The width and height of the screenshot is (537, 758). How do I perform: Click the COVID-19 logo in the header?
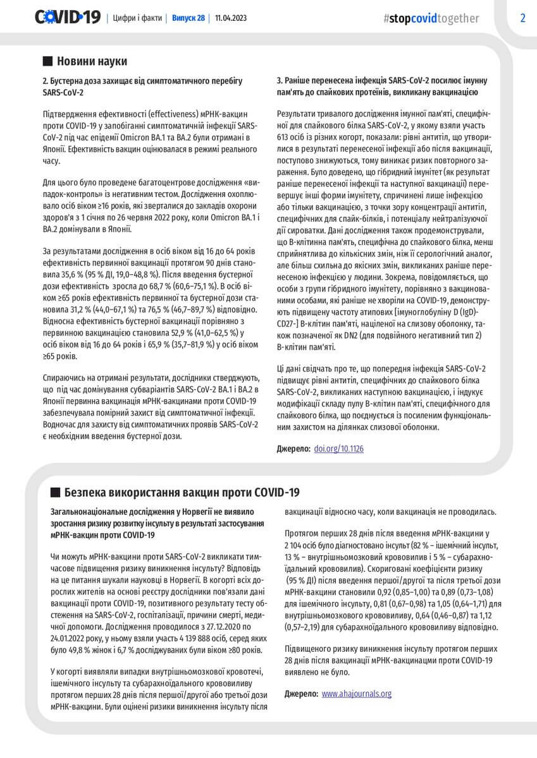pyautogui.click(x=68, y=18)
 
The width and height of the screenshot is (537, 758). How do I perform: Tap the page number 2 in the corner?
pyautogui.click(x=522, y=18)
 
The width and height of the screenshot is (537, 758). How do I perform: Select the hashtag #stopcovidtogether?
pyautogui.click(x=431, y=18)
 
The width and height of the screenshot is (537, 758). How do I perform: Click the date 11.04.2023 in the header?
pyautogui.click(x=231, y=18)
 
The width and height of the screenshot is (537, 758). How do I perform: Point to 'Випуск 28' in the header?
pyautogui.click(x=188, y=18)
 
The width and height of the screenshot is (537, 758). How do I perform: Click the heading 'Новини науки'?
pyautogui.click(x=92, y=61)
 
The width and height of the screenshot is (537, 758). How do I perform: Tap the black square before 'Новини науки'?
pyautogui.click(x=47, y=61)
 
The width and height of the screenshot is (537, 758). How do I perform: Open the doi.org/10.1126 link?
pyautogui.click(x=338, y=449)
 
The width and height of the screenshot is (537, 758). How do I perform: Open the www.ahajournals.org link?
pyautogui.click(x=356, y=694)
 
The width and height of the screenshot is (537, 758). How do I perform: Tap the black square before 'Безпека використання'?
pyautogui.click(x=54, y=492)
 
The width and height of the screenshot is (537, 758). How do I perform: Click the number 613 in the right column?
pyautogui.click(x=284, y=136)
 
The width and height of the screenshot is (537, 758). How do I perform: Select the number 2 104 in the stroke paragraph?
pyautogui.click(x=297, y=544)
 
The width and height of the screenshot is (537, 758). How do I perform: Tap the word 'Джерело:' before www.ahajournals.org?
pyautogui.click(x=301, y=694)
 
